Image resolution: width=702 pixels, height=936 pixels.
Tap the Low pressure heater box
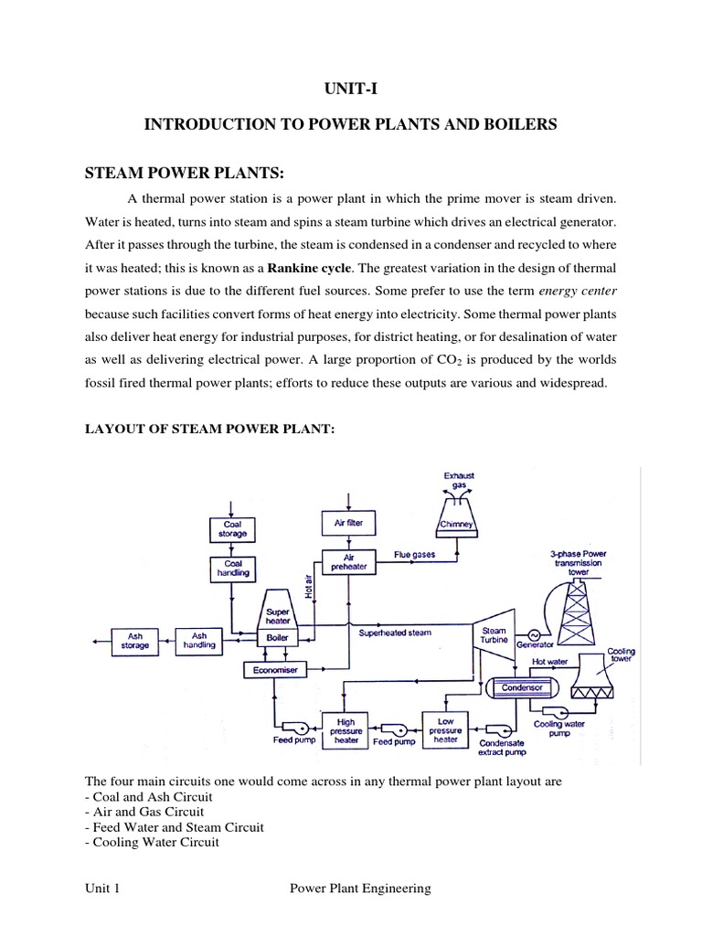pyautogui.click(x=446, y=729)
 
